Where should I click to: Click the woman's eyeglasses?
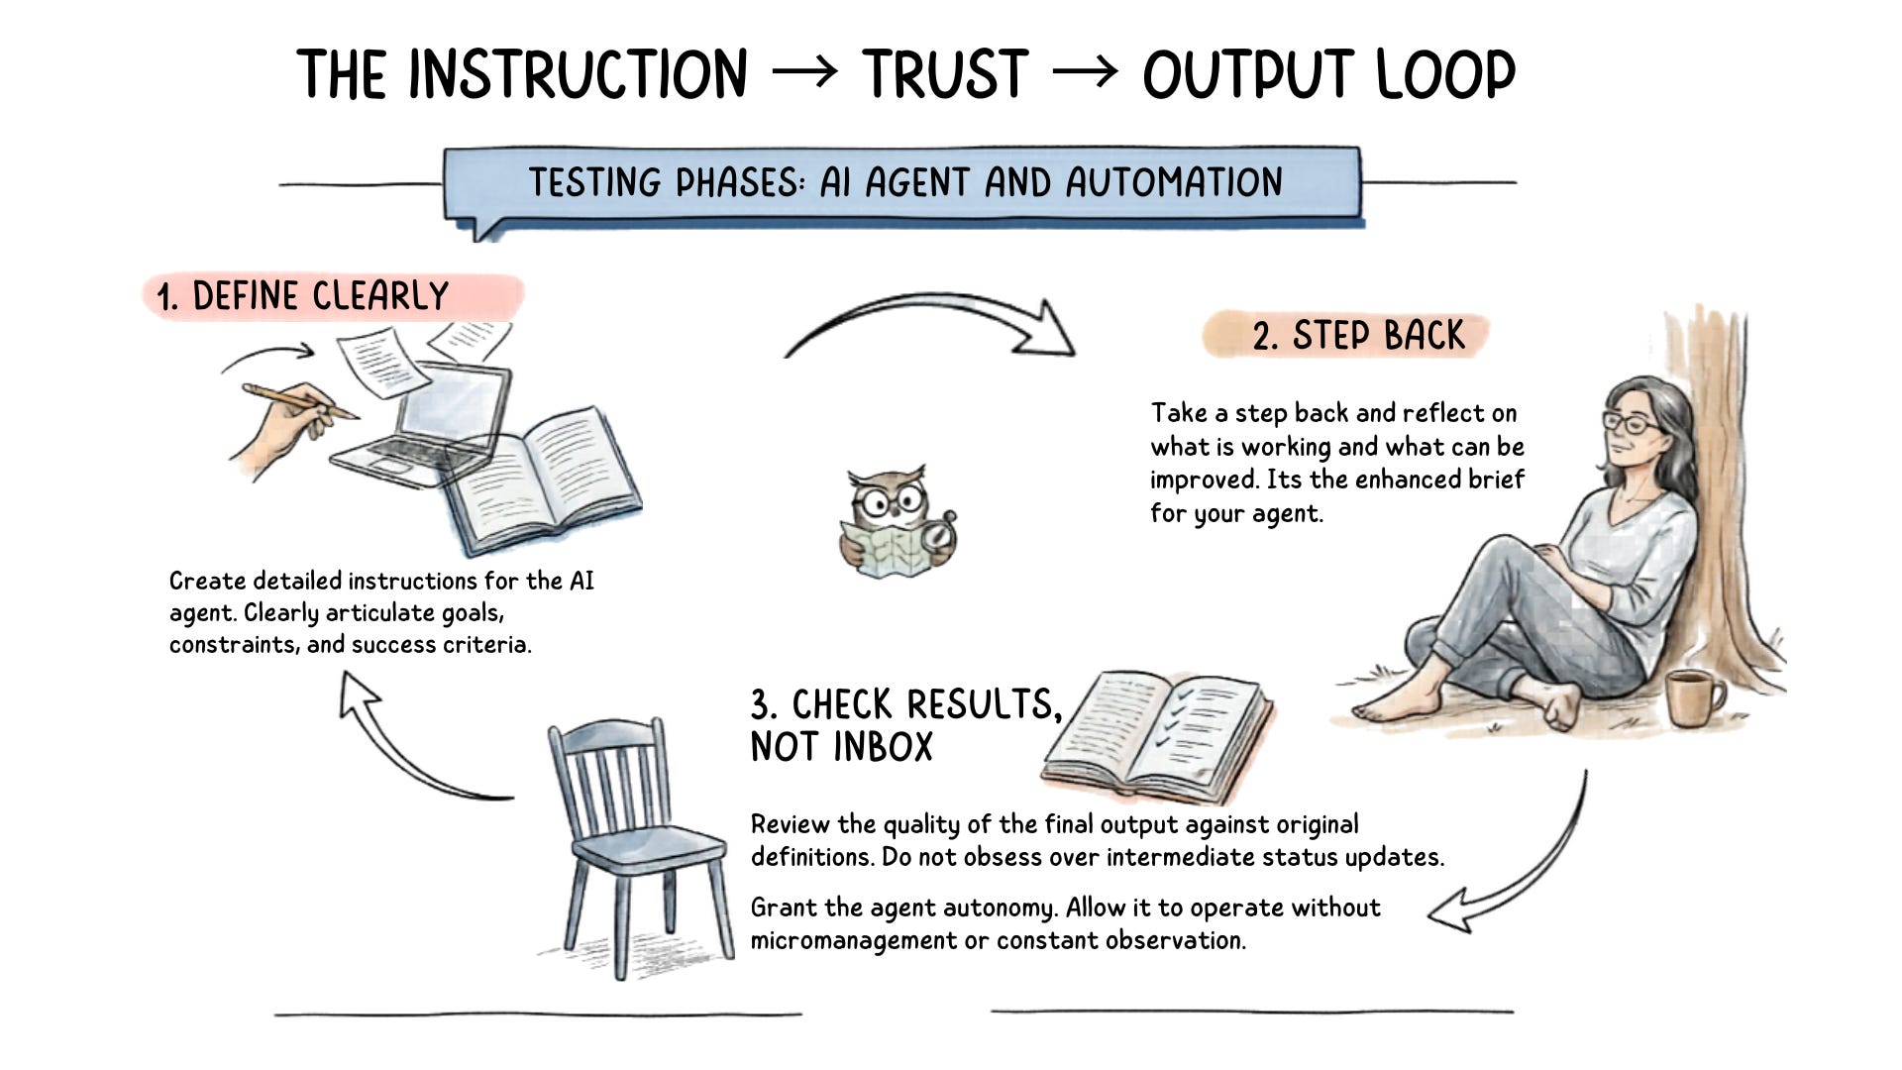[x=1635, y=424]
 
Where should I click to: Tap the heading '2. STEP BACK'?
[x=1358, y=336]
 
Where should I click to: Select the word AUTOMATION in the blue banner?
[x=1174, y=182]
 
